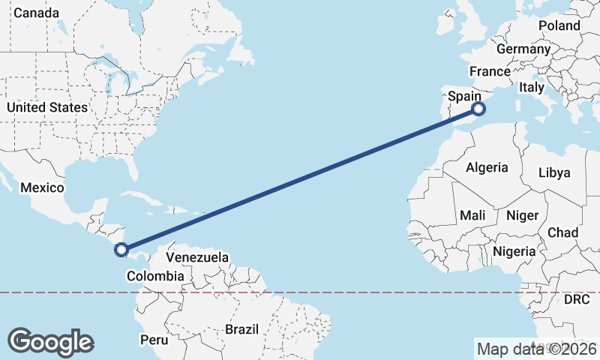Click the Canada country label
point(36,13)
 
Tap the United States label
point(47,107)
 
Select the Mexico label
point(42,187)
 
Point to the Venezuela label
point(197,257)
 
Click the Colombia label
point(155,276)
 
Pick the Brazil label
point(241,329)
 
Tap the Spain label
point(465,96)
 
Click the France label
point(490,71)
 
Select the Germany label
point(523,49)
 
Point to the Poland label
point(559,25)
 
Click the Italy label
point(532,87)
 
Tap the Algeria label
point(487,167)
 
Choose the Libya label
point(554,172)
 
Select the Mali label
point(472,215)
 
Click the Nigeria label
point(515,251)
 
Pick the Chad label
point(562,232)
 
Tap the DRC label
point(577,299)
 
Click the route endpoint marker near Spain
point(478,109)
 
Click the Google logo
point(50,341)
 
